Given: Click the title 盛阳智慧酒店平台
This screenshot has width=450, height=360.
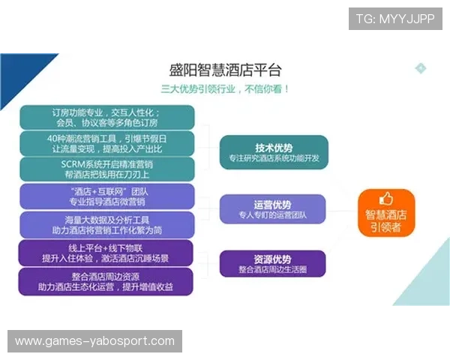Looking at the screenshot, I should point(225,70).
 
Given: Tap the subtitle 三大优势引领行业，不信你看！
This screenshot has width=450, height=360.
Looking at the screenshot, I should point(225,88).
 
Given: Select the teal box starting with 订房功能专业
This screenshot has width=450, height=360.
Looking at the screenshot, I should point(108,117).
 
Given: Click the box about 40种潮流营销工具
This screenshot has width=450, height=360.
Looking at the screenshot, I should point(108,143).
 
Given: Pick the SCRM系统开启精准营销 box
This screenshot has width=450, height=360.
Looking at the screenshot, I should point(108,169).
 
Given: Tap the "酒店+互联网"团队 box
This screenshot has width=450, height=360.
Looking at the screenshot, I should point(108,196).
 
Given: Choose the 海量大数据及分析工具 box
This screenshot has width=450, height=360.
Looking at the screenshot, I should point(108,223).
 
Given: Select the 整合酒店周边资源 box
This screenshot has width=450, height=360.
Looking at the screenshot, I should point(108,281).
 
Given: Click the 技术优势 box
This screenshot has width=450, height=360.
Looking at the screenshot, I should point(274,152).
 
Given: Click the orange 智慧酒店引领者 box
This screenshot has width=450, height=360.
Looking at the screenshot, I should point(386,213).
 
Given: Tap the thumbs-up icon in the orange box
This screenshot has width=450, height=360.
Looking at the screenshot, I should point(386,199).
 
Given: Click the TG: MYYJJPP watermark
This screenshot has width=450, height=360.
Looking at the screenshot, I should point(395,19).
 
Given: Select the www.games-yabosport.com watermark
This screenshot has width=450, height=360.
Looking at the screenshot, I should point(95,341).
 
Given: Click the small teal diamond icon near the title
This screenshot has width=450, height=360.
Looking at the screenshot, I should point(421,68).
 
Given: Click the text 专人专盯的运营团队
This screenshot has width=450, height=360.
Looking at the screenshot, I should point(273,215).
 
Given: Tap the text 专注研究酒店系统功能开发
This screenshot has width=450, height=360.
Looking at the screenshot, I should point(274,158).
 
